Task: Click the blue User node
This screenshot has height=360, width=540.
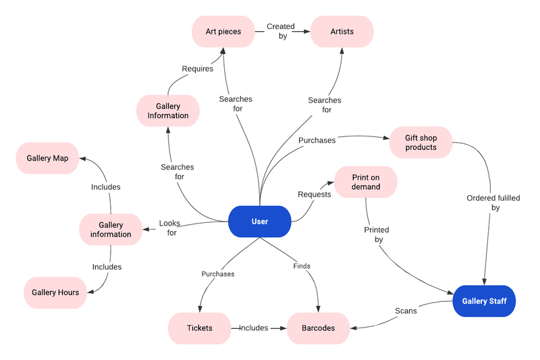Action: click(260, 222)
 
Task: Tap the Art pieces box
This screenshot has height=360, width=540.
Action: click(223, 31)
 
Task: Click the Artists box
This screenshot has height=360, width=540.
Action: click(342, 31)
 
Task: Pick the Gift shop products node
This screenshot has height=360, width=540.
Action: click(421, 143)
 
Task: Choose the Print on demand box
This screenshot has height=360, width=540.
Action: click(366, 182)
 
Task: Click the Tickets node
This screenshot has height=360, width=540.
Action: click(199, 328)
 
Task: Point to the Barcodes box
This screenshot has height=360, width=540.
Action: click(319, 328)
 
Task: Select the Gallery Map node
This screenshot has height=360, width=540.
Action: click(47, 158)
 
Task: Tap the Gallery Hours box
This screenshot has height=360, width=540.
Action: click(55, 292)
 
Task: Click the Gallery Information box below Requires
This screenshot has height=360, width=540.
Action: click(168, 111)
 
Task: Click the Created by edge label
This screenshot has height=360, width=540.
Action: click(281, 31)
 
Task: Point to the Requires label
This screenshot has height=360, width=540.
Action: click(197, 68)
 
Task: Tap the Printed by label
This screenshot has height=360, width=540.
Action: click(377, 234)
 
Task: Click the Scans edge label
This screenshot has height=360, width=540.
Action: click(406, 311)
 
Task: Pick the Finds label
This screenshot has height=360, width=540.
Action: click(302, 266)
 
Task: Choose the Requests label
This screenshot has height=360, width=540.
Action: click(315, 195)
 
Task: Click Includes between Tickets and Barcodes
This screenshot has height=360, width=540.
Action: click(254, 328)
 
